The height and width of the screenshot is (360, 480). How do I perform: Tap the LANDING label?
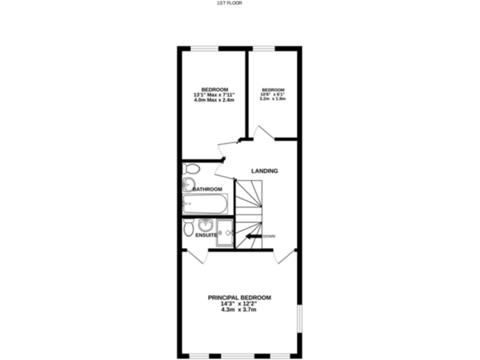pyautogui.click(x=264, y=171)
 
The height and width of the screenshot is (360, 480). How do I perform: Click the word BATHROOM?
pyautogui.click(x=207, y=189)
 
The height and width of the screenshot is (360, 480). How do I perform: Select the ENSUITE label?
pyautogui.click(x=206, y=235)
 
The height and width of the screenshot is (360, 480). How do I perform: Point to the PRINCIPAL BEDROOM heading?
pyautogui.click(x=239, y=297)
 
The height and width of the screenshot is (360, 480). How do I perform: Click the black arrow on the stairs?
pyautogui.click(x=254, y=236)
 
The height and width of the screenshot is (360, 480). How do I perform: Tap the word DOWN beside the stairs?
pyautogui.click(x=269, y=236)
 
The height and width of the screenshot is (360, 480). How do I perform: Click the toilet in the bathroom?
pyautogui.click(x=191, y=168)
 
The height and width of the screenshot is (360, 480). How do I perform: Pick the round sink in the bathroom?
pyautogui.click(x=188, y=184)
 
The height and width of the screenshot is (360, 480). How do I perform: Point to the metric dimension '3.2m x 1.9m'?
pyautogui.click(x=272, y=99)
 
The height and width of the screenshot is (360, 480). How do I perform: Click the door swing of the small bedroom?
pyautogui.click(x=262, y=132)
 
